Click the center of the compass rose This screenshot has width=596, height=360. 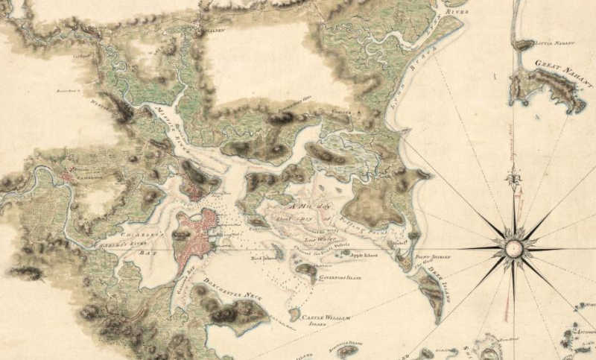click(513, 247)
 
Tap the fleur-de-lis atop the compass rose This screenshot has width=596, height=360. click(513, 178)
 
